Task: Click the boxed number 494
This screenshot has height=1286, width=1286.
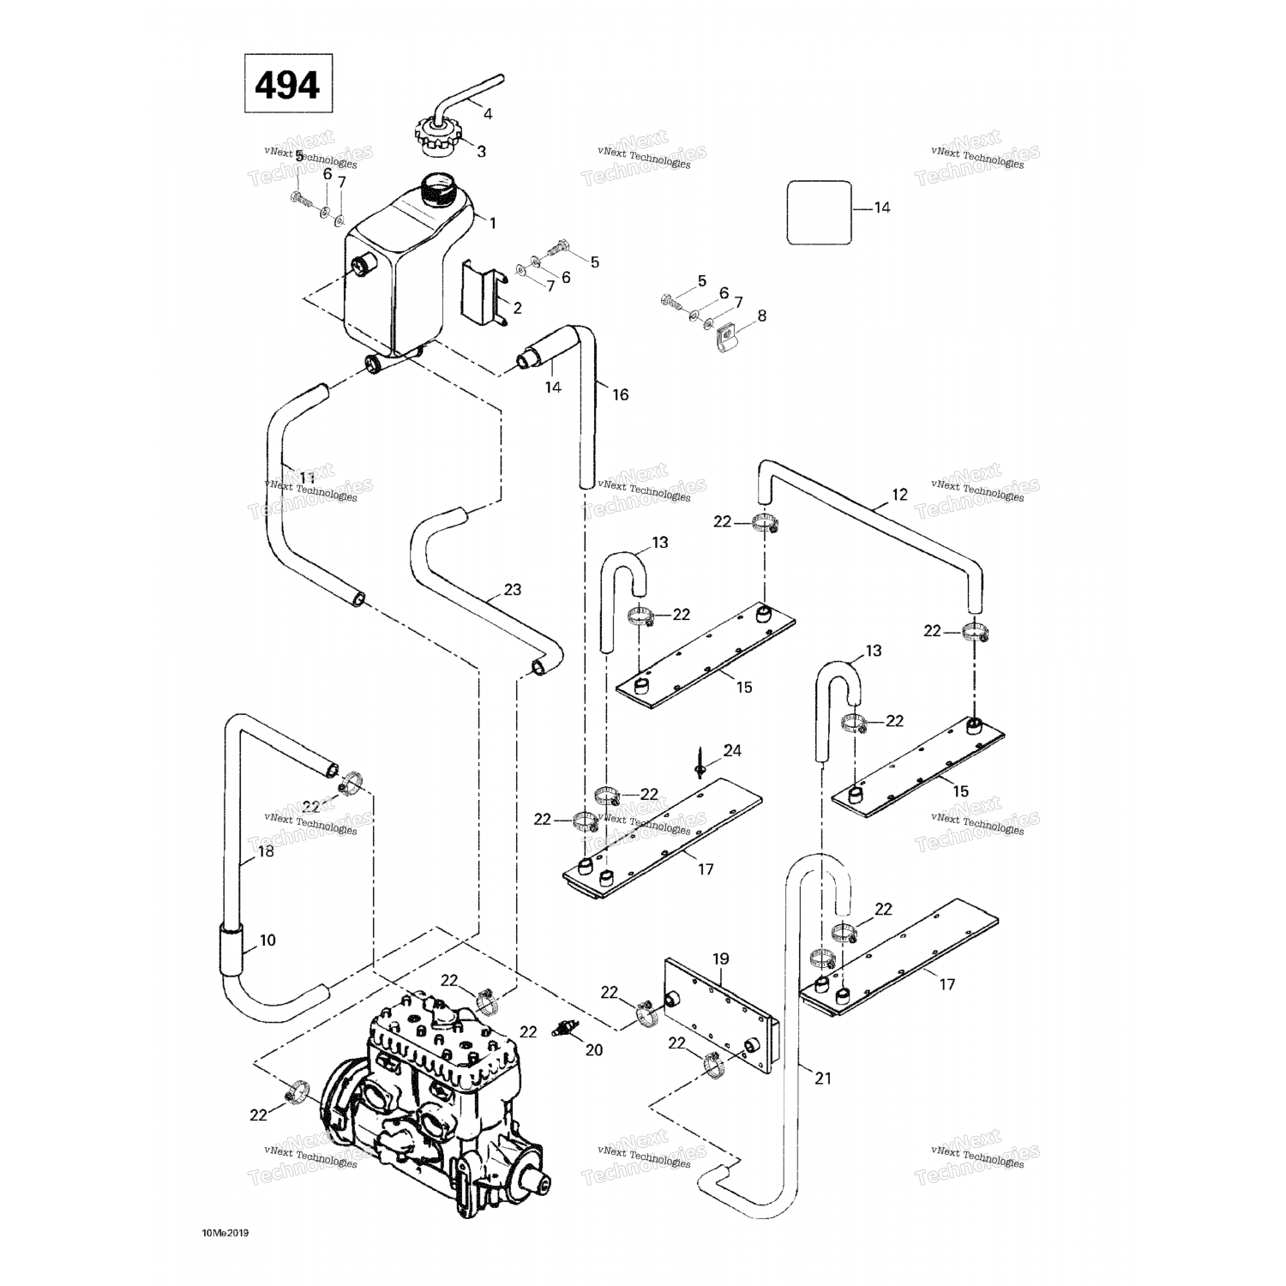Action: [x=287, y=84]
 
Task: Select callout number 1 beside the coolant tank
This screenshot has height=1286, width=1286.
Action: [x=492, y=223]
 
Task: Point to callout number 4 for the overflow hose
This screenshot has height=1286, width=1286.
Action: [x=488, y=113]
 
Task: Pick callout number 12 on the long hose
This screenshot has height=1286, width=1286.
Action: [x=898, y=495]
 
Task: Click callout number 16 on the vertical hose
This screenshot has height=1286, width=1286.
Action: [x=620, y=394]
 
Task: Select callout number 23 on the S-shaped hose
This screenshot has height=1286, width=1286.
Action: [x=512, y=590]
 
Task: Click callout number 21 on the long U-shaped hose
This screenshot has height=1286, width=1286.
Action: [x=822, y=1079]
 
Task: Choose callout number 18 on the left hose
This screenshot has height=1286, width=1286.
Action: [x=266, y=851]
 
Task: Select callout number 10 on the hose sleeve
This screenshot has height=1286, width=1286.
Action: [x=267, y=940]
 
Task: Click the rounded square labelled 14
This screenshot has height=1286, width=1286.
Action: [x=819, y=212]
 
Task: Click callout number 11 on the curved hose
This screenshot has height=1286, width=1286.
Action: [x=306, y=478]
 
